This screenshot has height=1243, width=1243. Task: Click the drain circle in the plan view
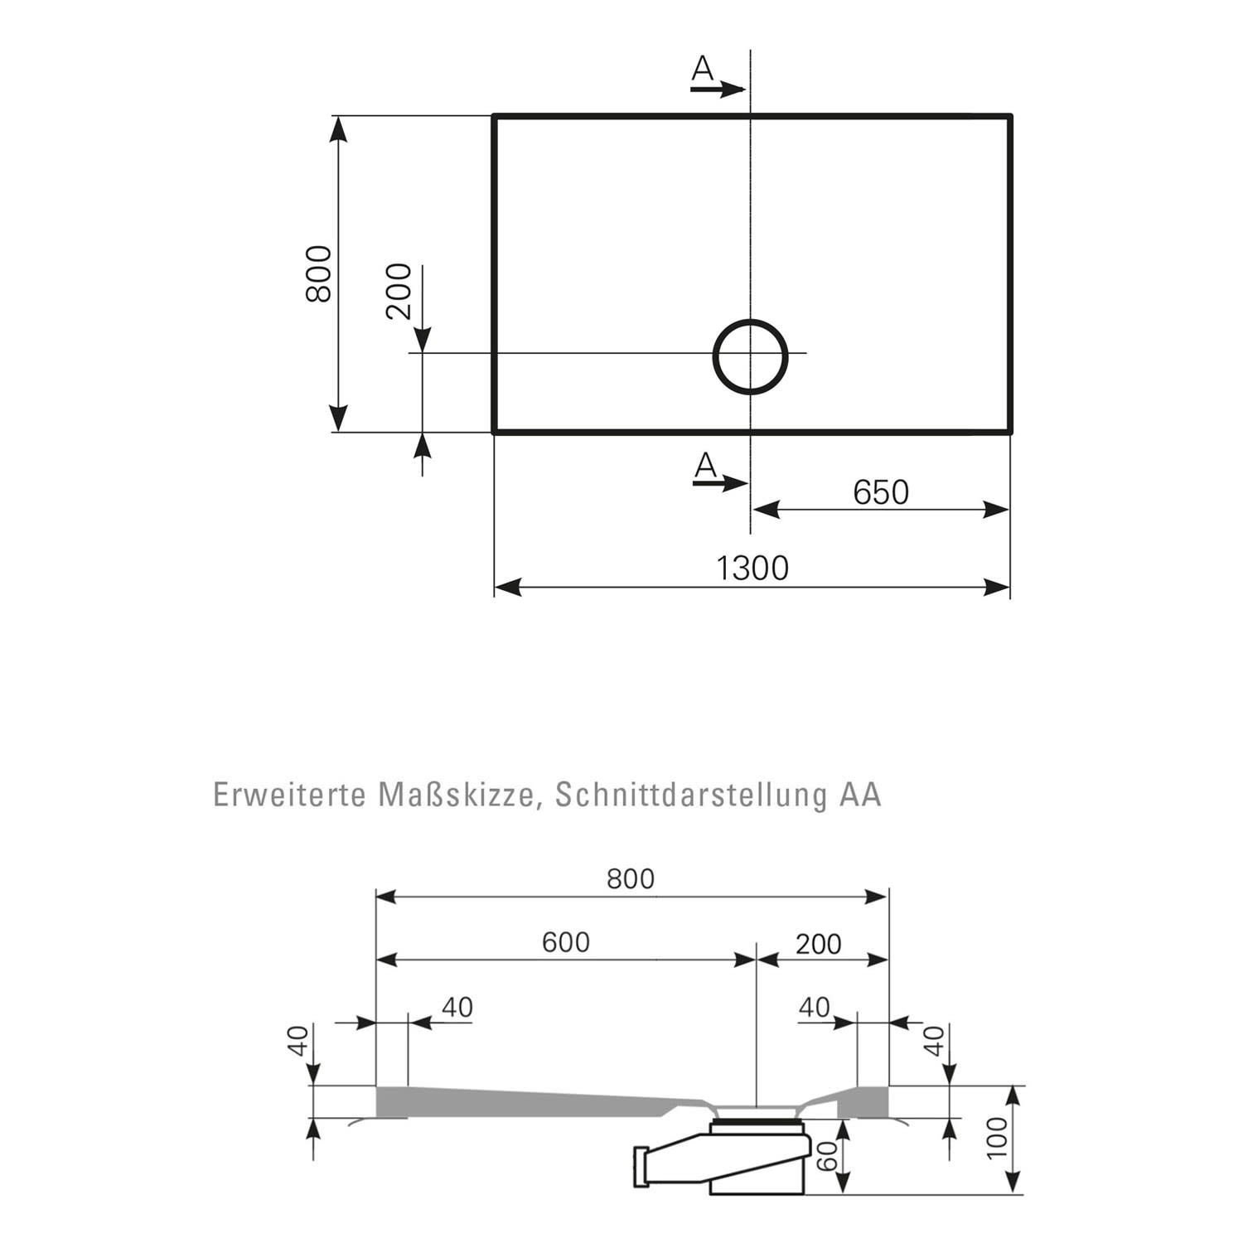[x=715, y=356]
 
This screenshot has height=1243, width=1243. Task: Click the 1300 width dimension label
[x=752, y=568]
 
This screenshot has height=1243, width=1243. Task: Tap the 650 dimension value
[x=881, y=492]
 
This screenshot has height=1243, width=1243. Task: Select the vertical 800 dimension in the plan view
[x=319, y=273]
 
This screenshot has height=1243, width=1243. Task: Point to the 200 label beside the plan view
[x=399, y=291]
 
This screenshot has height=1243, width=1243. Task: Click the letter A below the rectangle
[x=705, y=466]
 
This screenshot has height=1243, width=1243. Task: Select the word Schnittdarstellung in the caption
[x=691, y=795]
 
